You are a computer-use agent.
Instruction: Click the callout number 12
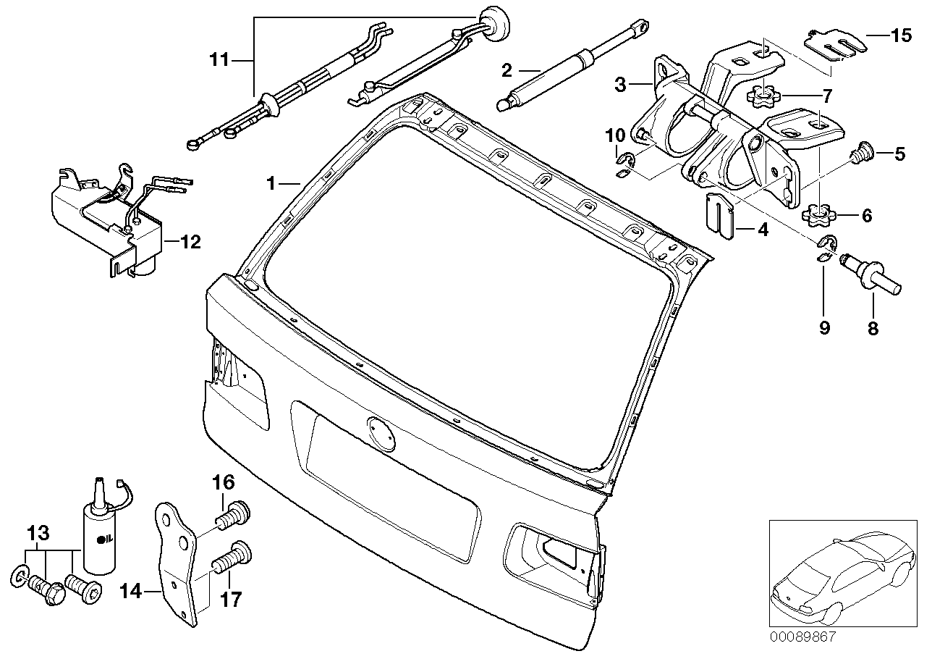[190, 243]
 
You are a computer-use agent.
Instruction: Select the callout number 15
[901, 36]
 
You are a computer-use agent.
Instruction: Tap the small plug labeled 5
[860, 153]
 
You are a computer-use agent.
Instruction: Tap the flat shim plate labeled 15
[834, 44]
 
